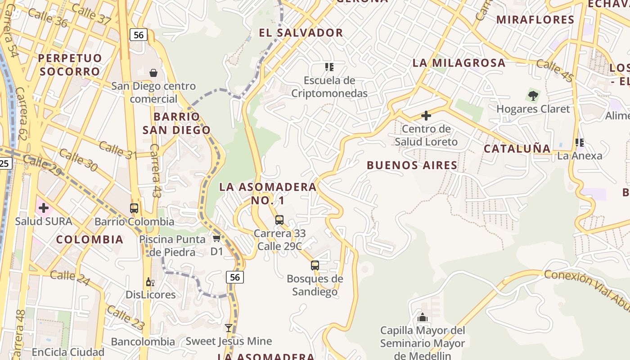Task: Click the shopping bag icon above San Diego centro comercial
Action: coord(153,72)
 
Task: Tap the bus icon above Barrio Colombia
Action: coord(134,208)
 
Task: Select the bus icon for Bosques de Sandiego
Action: coord(315,265)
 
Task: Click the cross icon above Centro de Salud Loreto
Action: coord(426,116)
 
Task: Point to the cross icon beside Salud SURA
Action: coord(44,208)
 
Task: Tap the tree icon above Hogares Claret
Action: coord(533,95)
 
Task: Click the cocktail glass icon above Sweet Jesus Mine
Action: coord(229,328)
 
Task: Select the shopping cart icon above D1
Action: coord(216,238)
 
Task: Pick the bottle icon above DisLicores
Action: coord(150,282)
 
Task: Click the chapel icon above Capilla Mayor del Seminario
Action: coord(422,318)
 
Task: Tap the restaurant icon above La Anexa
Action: coord(580,143)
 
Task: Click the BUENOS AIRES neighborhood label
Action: coord(412,165)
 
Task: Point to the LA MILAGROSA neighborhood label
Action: coord(459,63)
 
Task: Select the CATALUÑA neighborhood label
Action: coord(517,148)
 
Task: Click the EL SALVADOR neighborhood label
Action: coord(301,32)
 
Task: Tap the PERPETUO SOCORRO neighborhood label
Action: coord(70,65)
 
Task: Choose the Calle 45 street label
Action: coord(555,71)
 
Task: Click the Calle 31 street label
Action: coord(117,150)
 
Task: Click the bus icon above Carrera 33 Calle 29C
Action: coord(279,220)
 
